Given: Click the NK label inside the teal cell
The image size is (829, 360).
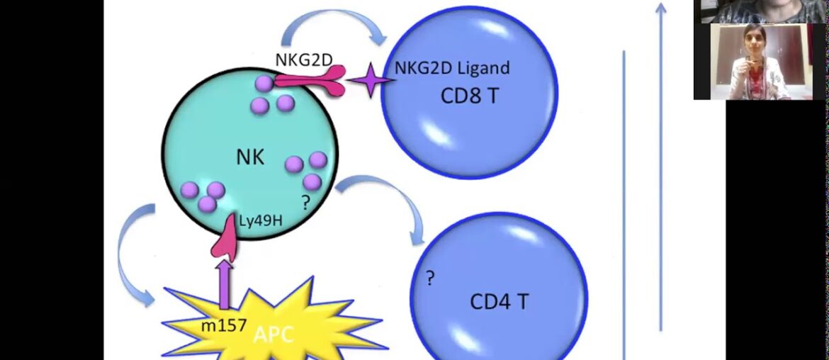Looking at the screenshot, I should click(x=250, y=157).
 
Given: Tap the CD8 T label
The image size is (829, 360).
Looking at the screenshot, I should click(x=470, y=96).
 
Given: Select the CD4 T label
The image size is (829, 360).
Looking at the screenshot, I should click(x=499, y=302).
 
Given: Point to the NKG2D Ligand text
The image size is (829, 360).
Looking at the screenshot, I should click(x=452, y=68).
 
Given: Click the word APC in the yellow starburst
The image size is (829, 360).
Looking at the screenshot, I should click(x=273, y=334).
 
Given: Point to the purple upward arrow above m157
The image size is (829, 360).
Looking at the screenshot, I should click(x=225, y=283).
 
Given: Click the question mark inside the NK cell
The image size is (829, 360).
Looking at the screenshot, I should click(x=305, y=204).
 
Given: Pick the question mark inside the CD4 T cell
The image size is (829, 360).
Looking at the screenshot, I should click(x=429, y=279).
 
